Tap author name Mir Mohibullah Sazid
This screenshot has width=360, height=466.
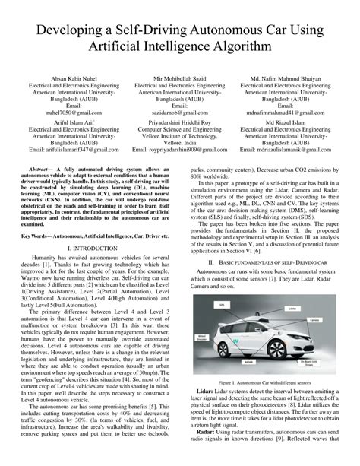pyautogui.click(x=179, y=78)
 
